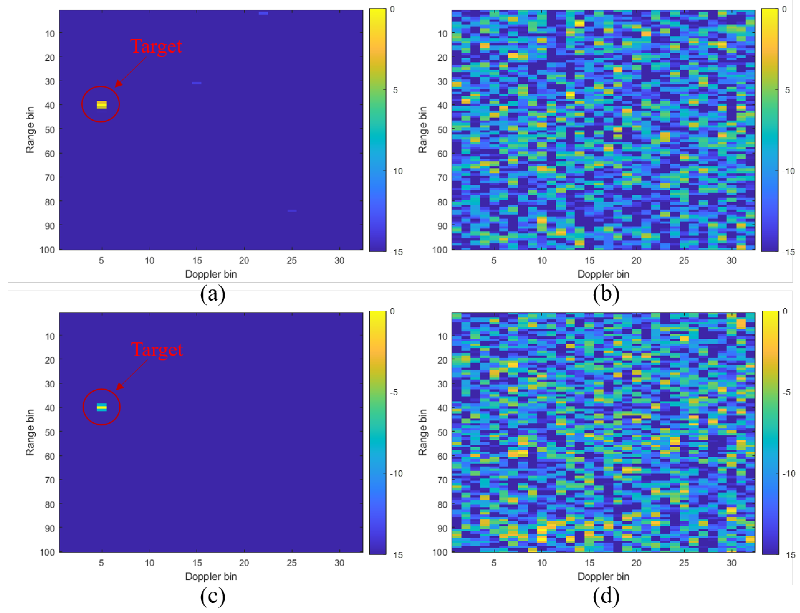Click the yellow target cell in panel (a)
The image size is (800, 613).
(x=102, y=105)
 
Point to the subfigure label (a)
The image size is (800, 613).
(x=212, y=294)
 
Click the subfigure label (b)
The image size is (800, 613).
(x=606, y=294)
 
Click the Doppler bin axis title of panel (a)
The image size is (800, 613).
(x=211, y=274)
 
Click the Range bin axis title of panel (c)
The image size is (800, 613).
(x=30, y=432)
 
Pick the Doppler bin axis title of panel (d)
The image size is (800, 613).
(x=603, y=577)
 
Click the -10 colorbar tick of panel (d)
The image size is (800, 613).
(x=789, y=474)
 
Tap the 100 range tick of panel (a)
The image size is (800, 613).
(x=47, y=250)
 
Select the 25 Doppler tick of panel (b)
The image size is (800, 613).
(x=684, y=261)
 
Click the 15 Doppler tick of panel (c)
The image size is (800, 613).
(x=197, y=563)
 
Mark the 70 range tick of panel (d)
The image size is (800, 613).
(x=442, y=480)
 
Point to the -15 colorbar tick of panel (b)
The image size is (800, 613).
(x=789, y=252)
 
